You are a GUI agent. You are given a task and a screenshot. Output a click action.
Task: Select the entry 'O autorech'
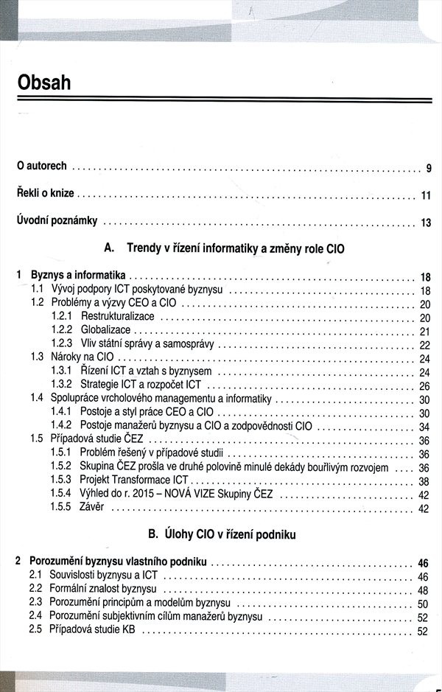42,167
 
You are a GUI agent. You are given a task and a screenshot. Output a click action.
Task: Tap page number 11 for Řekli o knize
425,195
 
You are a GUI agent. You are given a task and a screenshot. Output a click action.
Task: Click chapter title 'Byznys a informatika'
78,276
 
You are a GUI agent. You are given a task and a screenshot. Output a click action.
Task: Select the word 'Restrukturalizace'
118,317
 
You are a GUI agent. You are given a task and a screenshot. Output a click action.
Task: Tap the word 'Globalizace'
105,330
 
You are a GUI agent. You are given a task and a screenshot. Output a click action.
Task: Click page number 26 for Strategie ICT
424,385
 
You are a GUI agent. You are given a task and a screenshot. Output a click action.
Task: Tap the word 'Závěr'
92,508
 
